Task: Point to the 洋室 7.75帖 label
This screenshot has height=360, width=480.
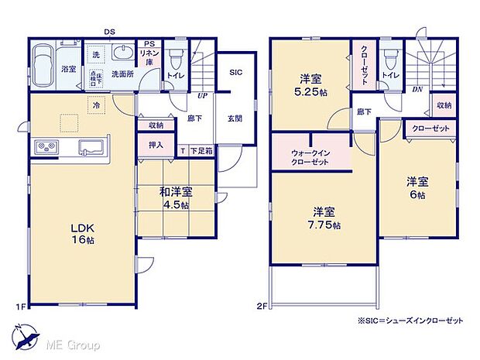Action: point(323,218)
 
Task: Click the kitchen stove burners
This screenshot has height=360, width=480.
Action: point(43,147)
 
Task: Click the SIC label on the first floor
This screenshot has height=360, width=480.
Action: point(235,71)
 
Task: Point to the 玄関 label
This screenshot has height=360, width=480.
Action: point(235,118)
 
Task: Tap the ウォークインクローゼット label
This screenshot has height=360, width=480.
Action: point(310,157)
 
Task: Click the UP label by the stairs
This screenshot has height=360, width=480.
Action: point(201,96)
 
